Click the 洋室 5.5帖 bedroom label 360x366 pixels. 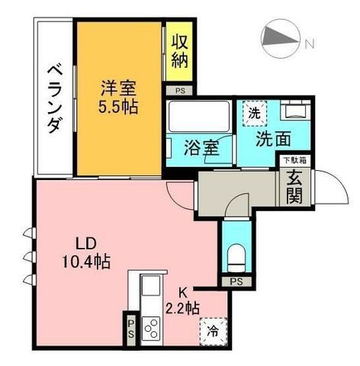tap(118, 97)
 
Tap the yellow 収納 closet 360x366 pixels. tap(179, 51)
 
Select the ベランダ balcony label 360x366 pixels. tap(55, 99)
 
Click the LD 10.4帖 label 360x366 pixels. tap(86, 252)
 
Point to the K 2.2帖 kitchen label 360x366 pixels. tap(182, 301)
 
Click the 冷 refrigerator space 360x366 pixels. tap(214, 331)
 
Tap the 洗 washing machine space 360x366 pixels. tap(254, 113)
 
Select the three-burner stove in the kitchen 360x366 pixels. tap(151, 329)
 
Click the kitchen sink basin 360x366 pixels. tap(151, 285)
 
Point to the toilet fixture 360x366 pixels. tap(236, 258)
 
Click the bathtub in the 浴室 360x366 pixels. tap(199, 116)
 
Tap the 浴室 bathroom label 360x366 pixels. tap(201, 148)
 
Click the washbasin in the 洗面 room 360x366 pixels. tap(295, 111)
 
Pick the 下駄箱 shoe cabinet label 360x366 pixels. tap(295, 160)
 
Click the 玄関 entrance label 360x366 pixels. tap(294, 188)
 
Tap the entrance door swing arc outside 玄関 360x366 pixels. tap(337, 181)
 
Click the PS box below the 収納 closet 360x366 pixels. tap(180, 91)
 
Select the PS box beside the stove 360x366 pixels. tap(130, 329)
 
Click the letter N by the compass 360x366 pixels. tap(310, 44)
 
